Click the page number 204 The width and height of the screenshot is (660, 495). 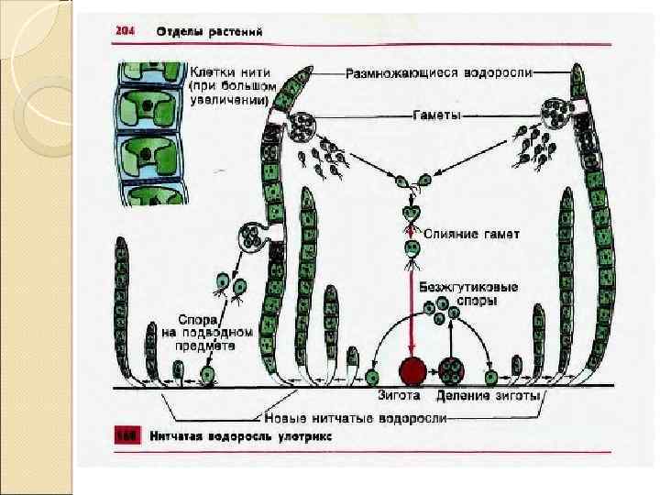point(125,32)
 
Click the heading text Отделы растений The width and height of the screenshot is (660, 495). point(210,32)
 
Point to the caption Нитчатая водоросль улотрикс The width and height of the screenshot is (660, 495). point(241,437)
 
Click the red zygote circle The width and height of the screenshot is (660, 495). point(412,372)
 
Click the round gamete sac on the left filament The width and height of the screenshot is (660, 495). point(302,126)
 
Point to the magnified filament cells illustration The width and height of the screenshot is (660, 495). point(149,133)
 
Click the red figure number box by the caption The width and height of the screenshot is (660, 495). point(126,437)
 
